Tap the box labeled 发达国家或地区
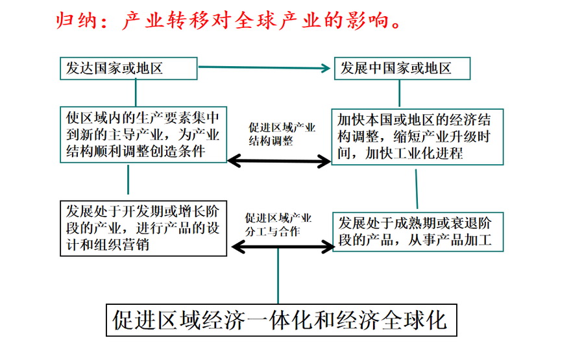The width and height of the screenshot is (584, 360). pyautogui.click(x=128, y=68)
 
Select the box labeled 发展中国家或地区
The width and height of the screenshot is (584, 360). pyautogui.click(x=402, y=68)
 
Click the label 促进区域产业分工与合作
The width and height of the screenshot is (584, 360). pyautogui.click(x=280, y=224)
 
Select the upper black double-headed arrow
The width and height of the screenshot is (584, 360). pyautogui.click(x=280, y=160)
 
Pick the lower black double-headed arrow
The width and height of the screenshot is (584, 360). pyautogui.click(x=282, y=246)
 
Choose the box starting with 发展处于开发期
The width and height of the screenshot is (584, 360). pyautogui.click(x=143, y=228)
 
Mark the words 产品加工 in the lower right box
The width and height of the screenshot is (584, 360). pyautogui.click(x=465, y=241)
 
